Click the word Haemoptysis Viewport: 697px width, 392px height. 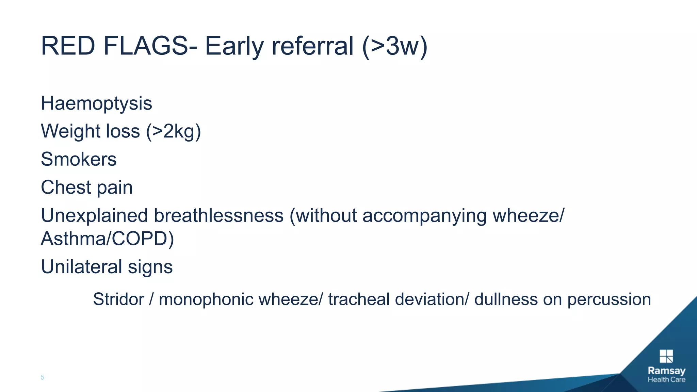tap(96, 103)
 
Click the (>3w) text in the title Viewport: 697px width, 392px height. tap(394, 46)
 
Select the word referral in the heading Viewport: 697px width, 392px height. tap(312, 46)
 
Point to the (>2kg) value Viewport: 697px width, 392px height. tap(174, 131)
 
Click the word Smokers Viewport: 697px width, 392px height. tap(79, 159)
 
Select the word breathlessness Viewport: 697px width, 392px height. tap(218, 216)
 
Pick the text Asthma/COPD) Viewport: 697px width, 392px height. tap(107, 239)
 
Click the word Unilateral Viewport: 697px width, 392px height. tap(81, 267)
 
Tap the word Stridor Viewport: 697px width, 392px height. tap(118, 299)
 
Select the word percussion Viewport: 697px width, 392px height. tap(609, 299)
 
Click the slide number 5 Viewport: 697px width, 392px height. tap(43, 377)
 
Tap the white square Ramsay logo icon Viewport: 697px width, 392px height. tap(666, 356)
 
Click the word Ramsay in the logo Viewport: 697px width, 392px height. tap(666, 371)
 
